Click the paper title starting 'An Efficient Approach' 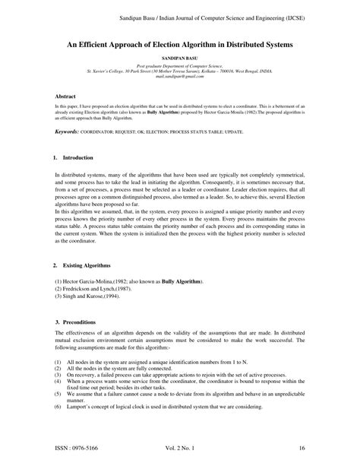[179, 46]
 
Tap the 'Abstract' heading [67, 97]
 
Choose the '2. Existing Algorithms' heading [81, 266]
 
